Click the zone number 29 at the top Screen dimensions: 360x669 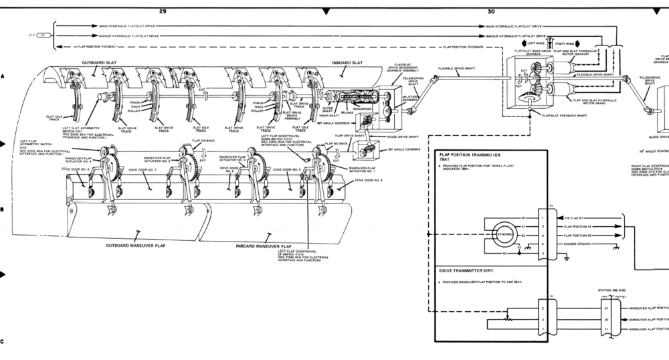pyautogui.click(x=163, y=10)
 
